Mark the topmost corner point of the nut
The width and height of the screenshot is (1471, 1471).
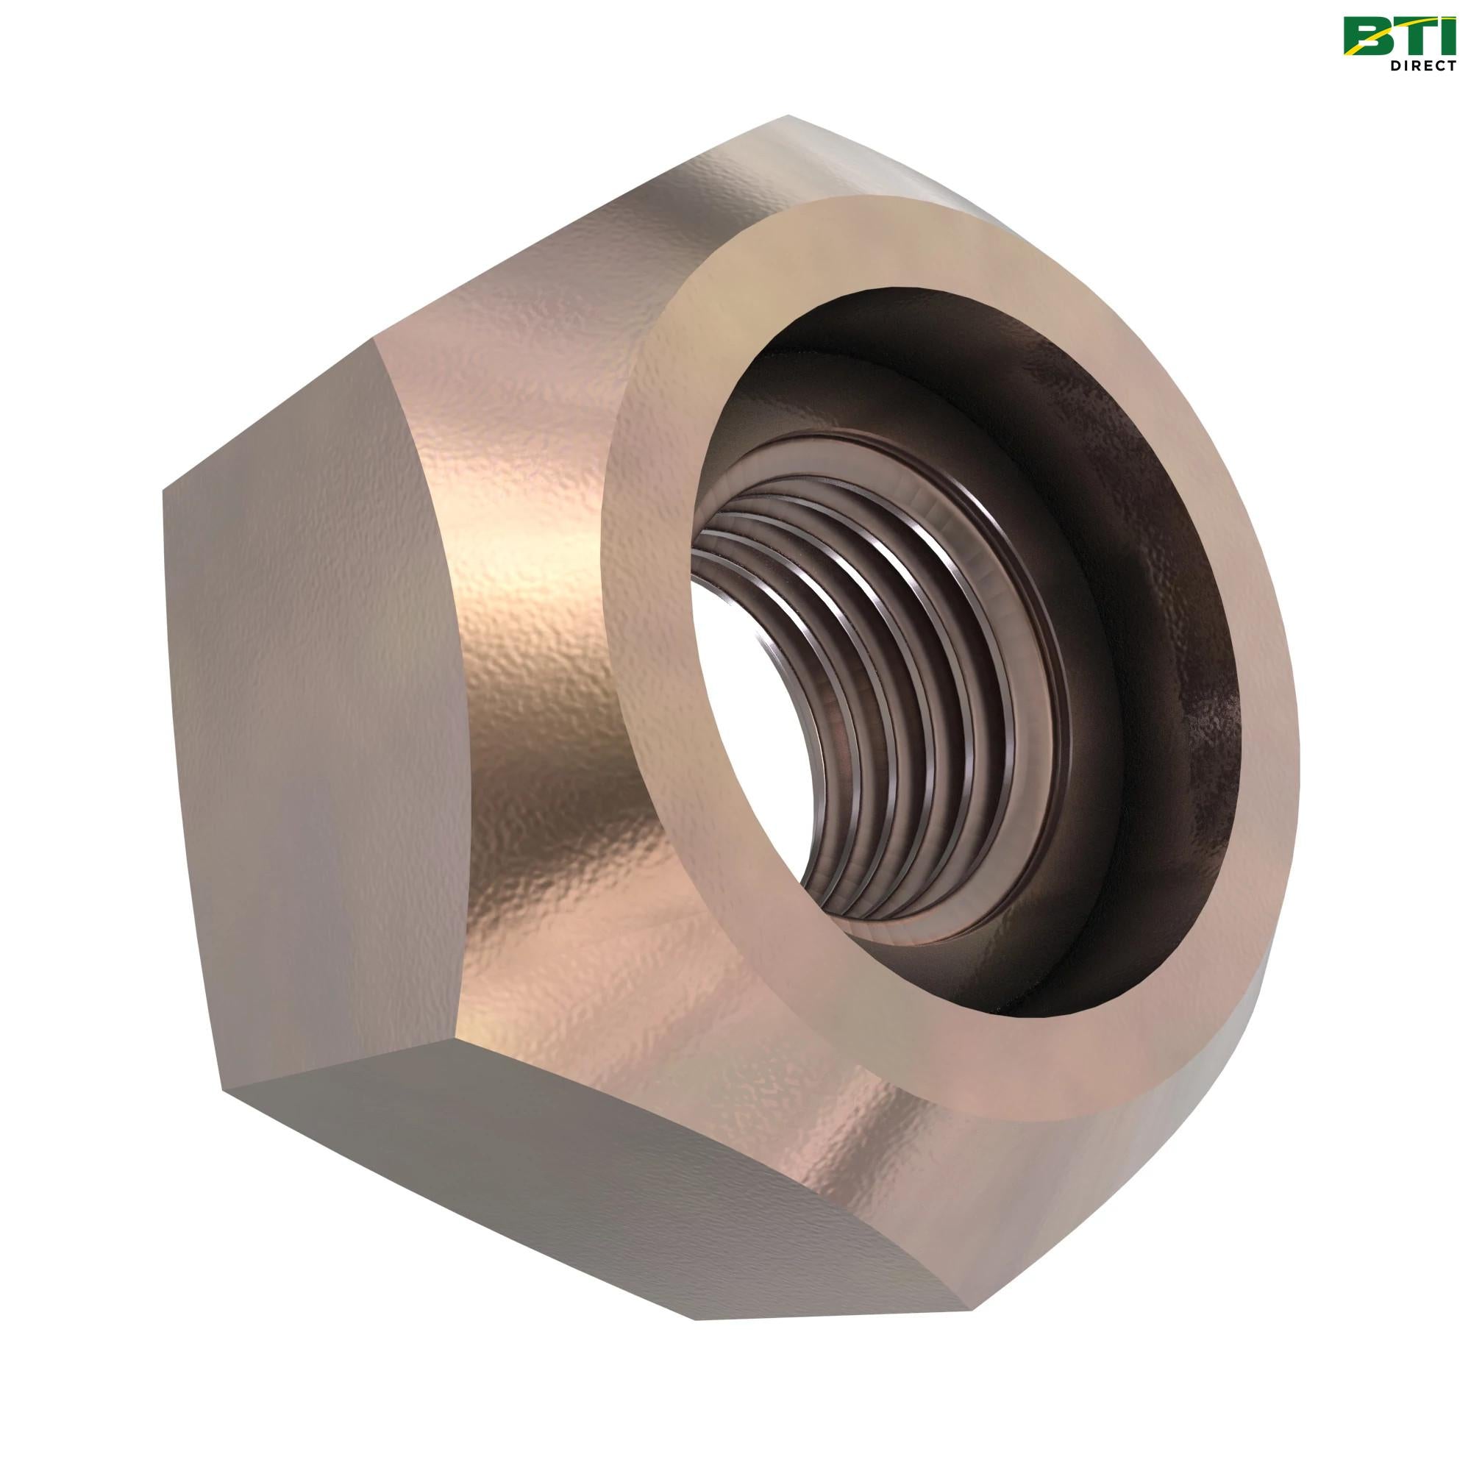788,115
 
